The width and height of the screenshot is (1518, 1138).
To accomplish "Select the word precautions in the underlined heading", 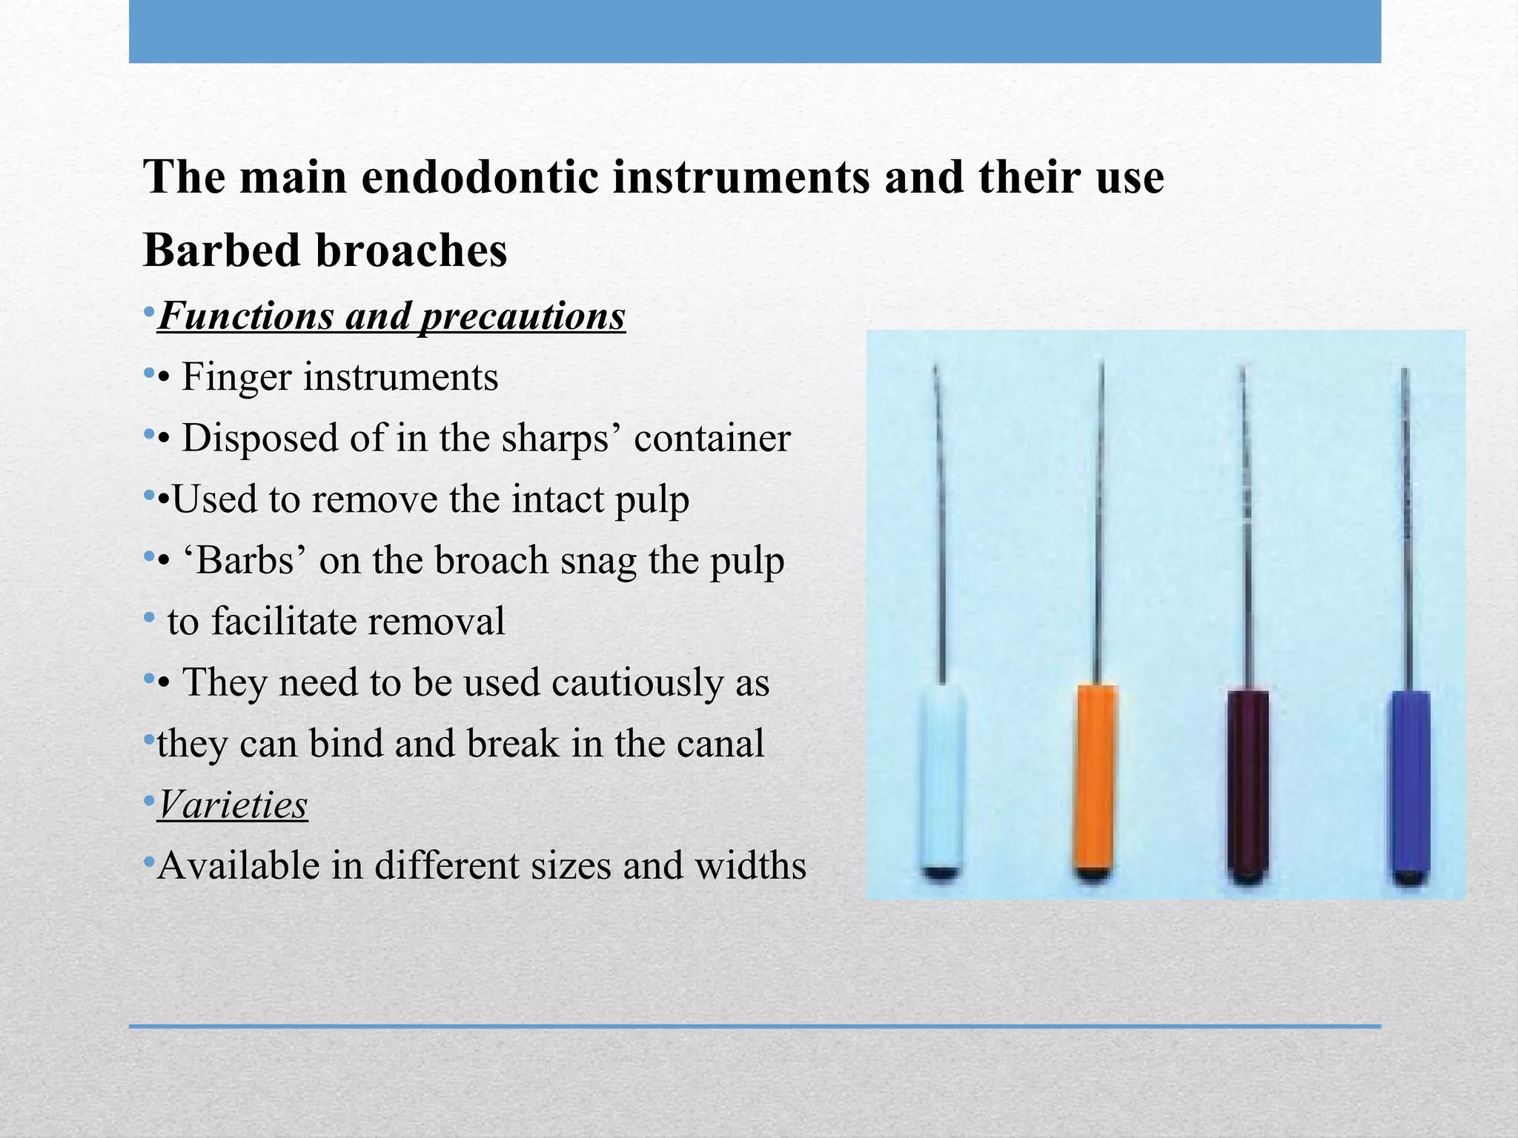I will (522, 317).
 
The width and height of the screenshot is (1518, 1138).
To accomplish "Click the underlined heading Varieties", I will (233, 805).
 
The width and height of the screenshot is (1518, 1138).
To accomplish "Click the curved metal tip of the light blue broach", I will (937, 393).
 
